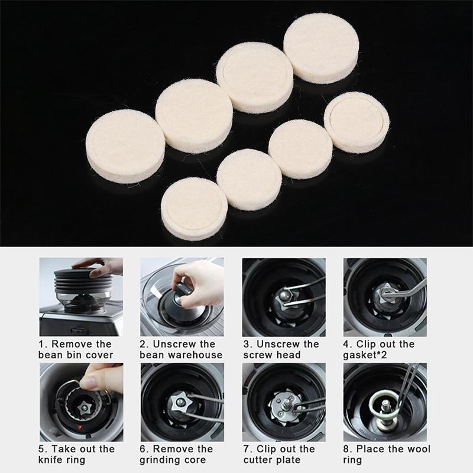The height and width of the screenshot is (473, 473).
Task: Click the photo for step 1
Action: pyautogui.click(x=80, y=296)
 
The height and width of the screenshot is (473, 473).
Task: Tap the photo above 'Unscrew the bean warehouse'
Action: pyautogui.click(x=182, y=296)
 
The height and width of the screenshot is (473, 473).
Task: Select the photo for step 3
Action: pyautogui.click(x=283, y=296)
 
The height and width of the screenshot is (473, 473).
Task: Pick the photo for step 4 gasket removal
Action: pyautogui.click(x=385, y=296)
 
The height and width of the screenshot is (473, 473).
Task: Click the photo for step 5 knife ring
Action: pyautogui.click(x=80, y=401)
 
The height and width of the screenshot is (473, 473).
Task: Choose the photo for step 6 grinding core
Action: pyautogui.click(x=182, y=401)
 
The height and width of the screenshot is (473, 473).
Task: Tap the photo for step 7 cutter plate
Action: pyautogui.click(x=283, y=401)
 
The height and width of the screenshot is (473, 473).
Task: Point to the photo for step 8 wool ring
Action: pyautogui.click(x=385, y=401)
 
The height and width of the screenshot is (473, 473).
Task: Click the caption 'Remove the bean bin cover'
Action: pyautogui.click(x=75, y=349)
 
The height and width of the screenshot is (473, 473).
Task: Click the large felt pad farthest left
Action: pyautogui.click(x=125, y=145)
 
